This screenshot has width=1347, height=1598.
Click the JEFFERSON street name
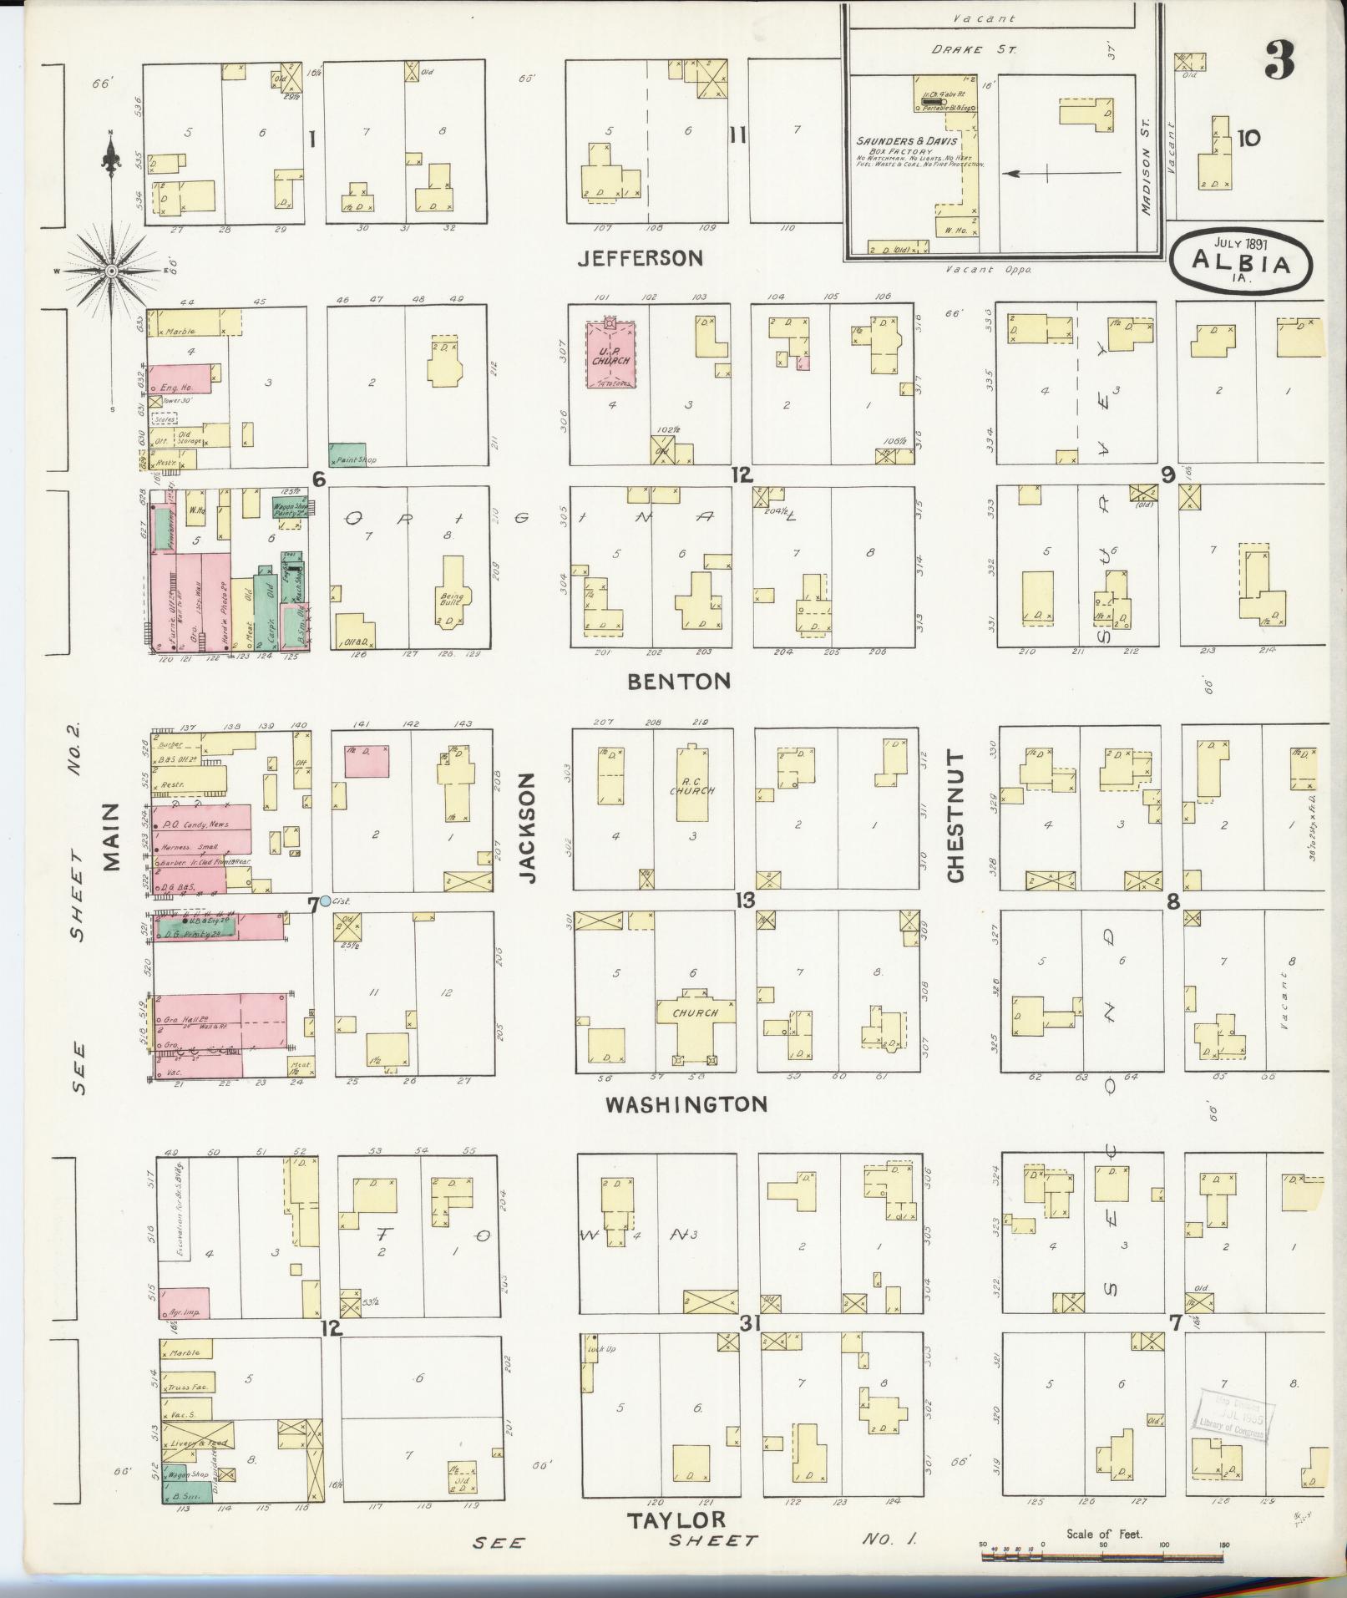click(641, 258)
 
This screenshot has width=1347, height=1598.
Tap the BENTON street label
click(678, 682)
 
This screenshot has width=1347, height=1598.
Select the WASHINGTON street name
click(686, 1104)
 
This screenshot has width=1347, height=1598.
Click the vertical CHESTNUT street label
click(955, 816)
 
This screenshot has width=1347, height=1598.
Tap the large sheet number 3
click(1279, 60)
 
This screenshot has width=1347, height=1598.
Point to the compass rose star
click(112, 271)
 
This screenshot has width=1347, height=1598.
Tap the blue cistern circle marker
click(325, 901)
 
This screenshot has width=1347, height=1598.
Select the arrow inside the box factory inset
click(1061, 174)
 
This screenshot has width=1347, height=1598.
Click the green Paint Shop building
click(347, 454)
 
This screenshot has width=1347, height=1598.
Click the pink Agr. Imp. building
click(184, 1303)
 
